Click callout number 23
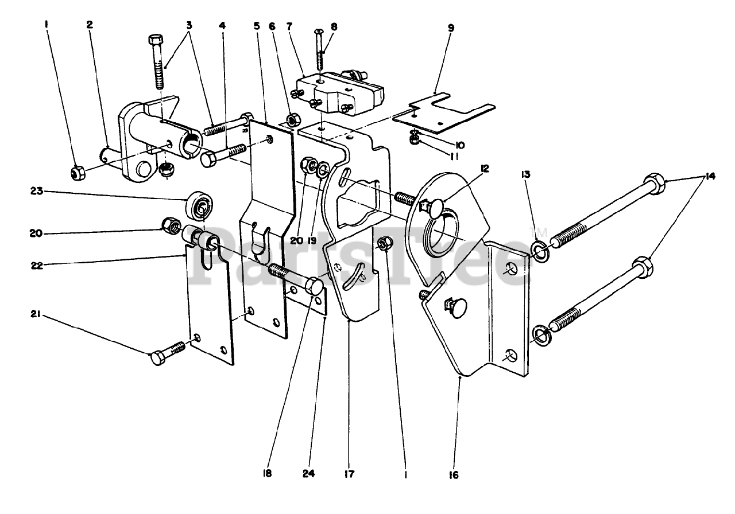[x=37, y=190]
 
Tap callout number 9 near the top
[x=451, y=28]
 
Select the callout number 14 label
[x=710, y=176]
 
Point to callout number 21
[x=36, y=314]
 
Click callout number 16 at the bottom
[x=454, y=474]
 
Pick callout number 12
[x=485, y=169]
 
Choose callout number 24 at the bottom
[x=309, y=473]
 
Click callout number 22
[x=37, y=265]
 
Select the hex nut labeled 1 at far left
[x=78, y=173]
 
